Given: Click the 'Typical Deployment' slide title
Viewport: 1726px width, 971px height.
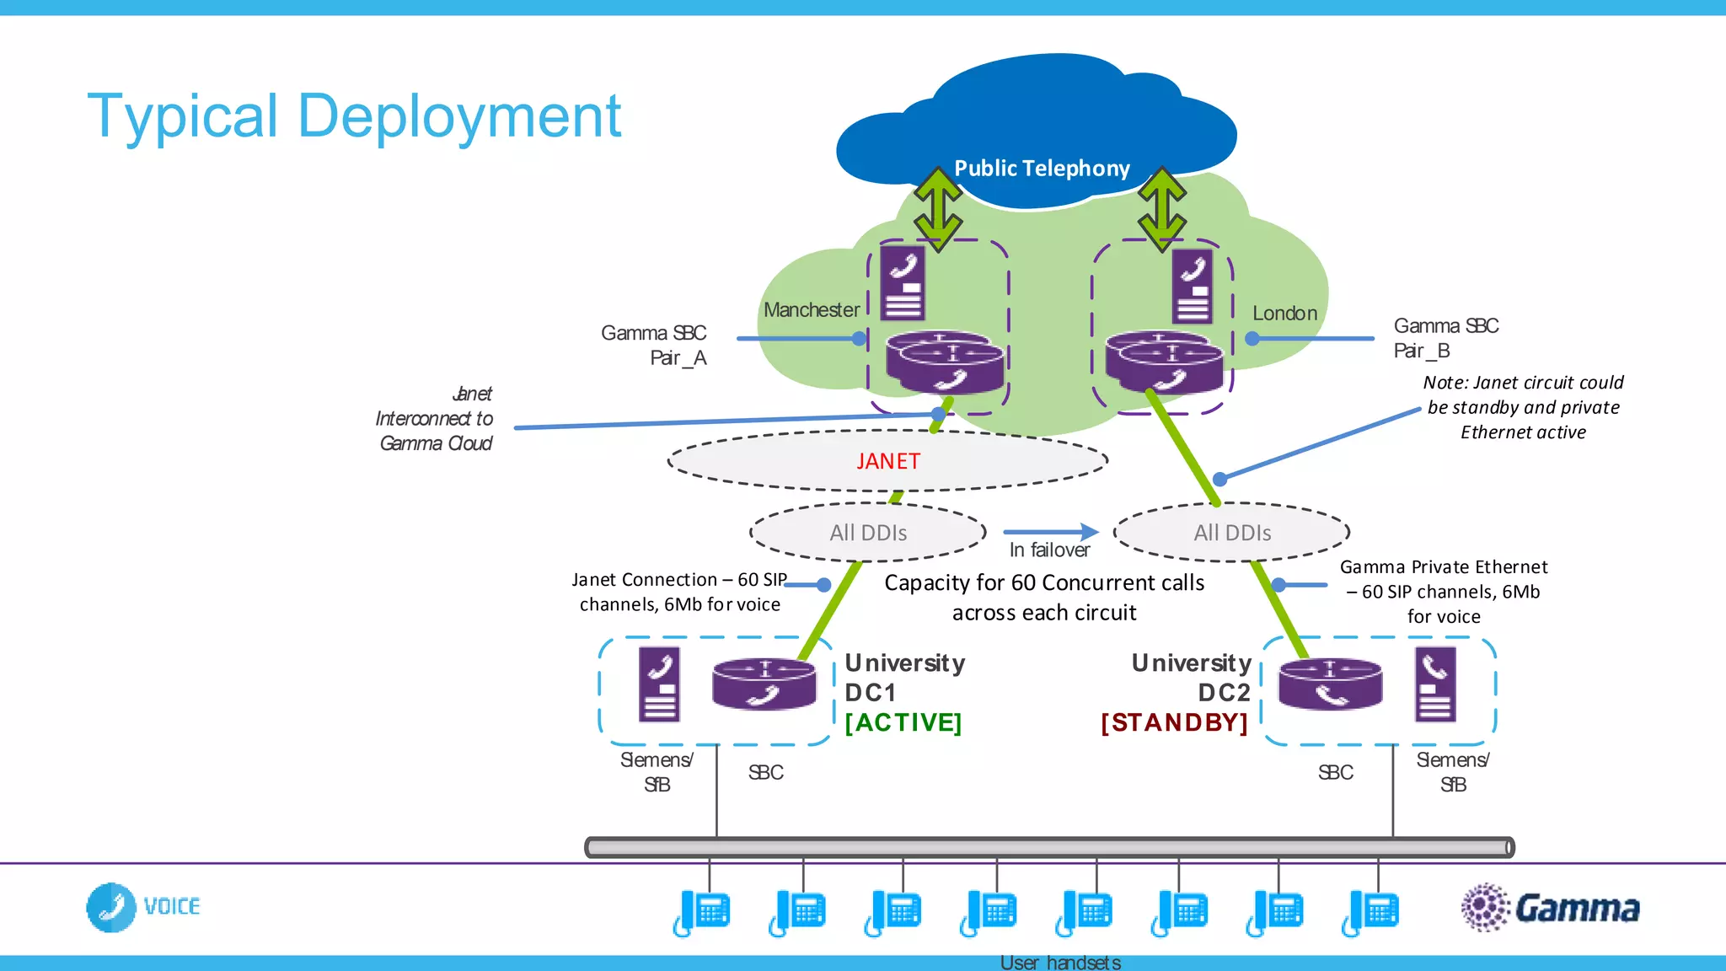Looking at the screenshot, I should point(354,116).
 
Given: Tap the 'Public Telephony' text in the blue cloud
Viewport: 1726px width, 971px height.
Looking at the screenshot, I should point(1042,169).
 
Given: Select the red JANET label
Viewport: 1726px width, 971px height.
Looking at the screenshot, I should point(888,461).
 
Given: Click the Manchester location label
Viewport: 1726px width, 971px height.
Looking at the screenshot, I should point(811,310).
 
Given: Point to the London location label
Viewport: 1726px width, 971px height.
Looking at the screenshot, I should point(1284,314).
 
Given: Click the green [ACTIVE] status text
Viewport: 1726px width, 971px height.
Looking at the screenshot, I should point(903,722).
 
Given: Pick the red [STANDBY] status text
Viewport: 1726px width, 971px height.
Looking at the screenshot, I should point(1174,722).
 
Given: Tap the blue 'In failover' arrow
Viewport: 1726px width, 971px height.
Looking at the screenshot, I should point(1051,532).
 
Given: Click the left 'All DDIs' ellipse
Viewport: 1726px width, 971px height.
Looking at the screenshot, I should point(868,533).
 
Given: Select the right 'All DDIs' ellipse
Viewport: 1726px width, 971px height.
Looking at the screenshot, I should point(1232,533).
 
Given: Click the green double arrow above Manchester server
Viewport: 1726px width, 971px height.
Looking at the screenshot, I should point(938,208).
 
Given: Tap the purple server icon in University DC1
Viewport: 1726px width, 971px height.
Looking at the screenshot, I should point(659,684).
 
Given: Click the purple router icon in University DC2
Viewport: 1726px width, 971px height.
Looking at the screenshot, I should point(1330,684).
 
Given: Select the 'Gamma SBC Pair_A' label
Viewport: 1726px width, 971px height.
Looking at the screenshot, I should point(654,346).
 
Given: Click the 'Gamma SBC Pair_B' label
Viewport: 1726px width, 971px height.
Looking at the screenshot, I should point(1445,338).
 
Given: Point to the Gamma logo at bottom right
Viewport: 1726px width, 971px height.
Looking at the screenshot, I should point(1551,908).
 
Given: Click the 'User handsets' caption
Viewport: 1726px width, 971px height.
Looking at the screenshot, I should point(1060,962).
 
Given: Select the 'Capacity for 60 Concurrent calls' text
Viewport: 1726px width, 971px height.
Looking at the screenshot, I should point(1043,583).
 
